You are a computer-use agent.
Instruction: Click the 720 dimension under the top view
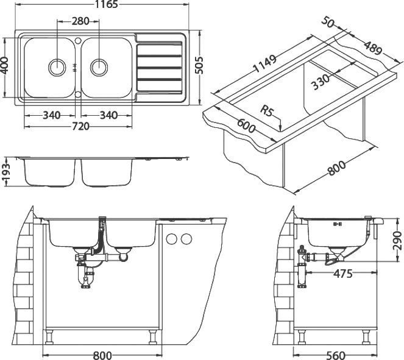[80, 125]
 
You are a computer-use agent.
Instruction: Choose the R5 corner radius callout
[266, 111]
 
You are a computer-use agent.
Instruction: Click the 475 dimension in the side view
[343, 274]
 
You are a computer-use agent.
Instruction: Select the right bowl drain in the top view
[98, 66]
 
